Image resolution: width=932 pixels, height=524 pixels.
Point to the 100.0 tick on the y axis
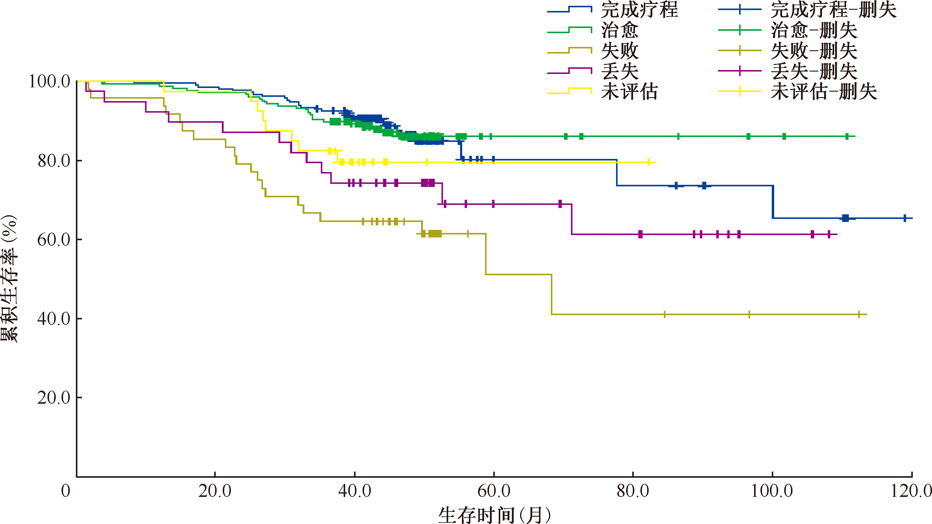pyautogui.click(x=49, y=81)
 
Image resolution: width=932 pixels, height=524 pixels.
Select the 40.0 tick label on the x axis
pyautogui.click(x=355, y=491)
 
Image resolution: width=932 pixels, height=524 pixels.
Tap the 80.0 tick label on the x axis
pyautogui.click(x=633, y=491)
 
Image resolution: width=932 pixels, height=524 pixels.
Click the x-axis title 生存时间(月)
pyautogui.click(x=494, y=515)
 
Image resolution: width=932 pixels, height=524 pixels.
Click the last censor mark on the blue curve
pyautogui.click(x=905, y=218)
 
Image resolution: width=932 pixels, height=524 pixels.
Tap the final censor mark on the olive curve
pyautogui.click(x=859, y=315)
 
